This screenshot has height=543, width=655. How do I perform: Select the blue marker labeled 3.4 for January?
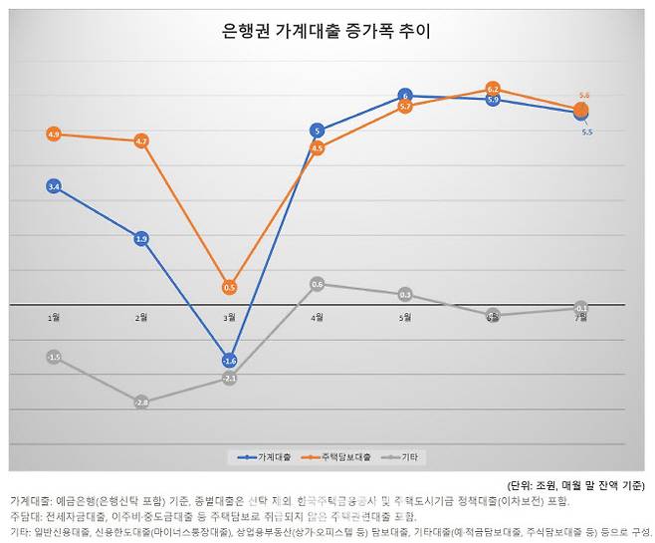[x=54, y=186]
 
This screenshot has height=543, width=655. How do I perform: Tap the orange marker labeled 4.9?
[x=54, y=134]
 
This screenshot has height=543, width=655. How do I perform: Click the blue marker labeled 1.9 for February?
[x=141, y=238]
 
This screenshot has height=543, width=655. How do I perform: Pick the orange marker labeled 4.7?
[x=141, y=141]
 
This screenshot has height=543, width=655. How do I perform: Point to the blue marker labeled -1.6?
[x=229, y=360]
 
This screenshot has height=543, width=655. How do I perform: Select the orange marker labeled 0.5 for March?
[x=229, y=287]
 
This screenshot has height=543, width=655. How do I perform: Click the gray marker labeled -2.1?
[x=229, y=379]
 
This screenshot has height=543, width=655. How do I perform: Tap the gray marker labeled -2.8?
[x=141, y=402]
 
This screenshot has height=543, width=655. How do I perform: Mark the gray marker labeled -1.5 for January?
[x=54, y=357]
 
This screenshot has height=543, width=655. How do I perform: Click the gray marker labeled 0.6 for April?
[x=317, y=284]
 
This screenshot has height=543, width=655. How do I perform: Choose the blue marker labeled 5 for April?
[x=317, y=131]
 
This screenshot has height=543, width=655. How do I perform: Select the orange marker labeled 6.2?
[x=493, y=89]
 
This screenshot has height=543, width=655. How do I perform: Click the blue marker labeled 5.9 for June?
[x=493, y=100]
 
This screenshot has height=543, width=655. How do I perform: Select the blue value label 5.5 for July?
[x=587, y=132]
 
